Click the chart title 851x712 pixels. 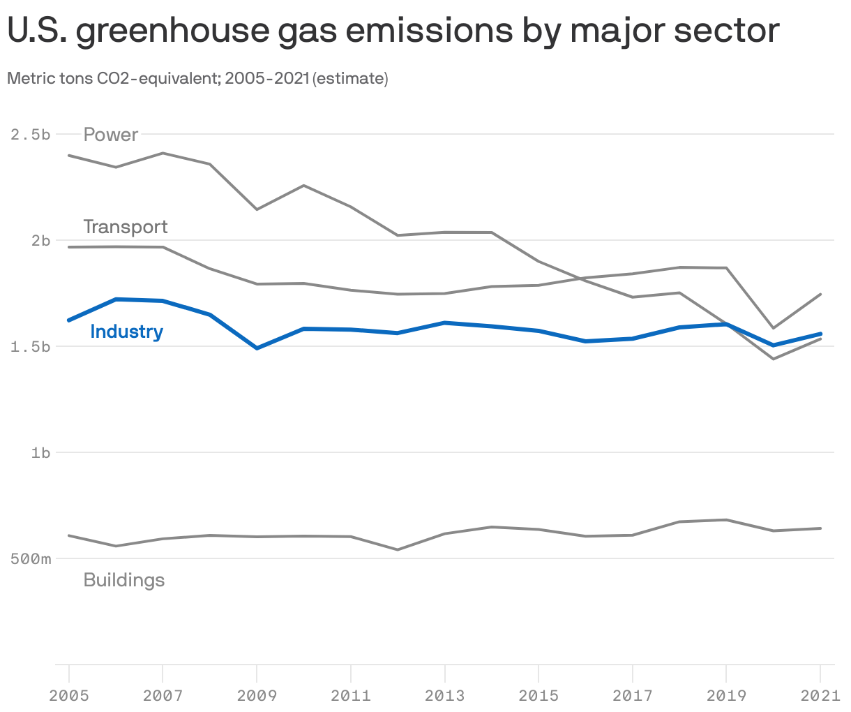[x=393, y=31]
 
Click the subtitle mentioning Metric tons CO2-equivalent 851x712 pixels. [x=197, y=78]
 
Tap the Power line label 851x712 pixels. [x=111, y=134]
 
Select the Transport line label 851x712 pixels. [x=126, y=227]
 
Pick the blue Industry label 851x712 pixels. [x=126, y=332]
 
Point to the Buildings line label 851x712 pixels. [x=124, y=580]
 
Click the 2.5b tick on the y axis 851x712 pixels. [x=31, y=134]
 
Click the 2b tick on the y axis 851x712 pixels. [x=41, y=240]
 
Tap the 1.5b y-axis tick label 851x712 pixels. [x=31, y=347]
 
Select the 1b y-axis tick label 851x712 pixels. [x=41, y=453]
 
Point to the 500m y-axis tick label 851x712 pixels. [x=31, y=559]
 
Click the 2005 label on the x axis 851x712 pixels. [x=69, y=695]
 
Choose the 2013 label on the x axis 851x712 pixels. [x=444, y=695]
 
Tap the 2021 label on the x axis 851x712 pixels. [x=820, y=695]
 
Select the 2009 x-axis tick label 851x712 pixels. [x=257, y=695]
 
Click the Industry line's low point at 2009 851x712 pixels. [x=257, y=348]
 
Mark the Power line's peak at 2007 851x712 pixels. [x=163, y=153]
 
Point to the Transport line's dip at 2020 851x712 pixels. [x=773, y=327]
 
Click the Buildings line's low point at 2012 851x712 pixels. [x=398, y=550]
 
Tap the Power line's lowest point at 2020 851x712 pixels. [x=773, y=359]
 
